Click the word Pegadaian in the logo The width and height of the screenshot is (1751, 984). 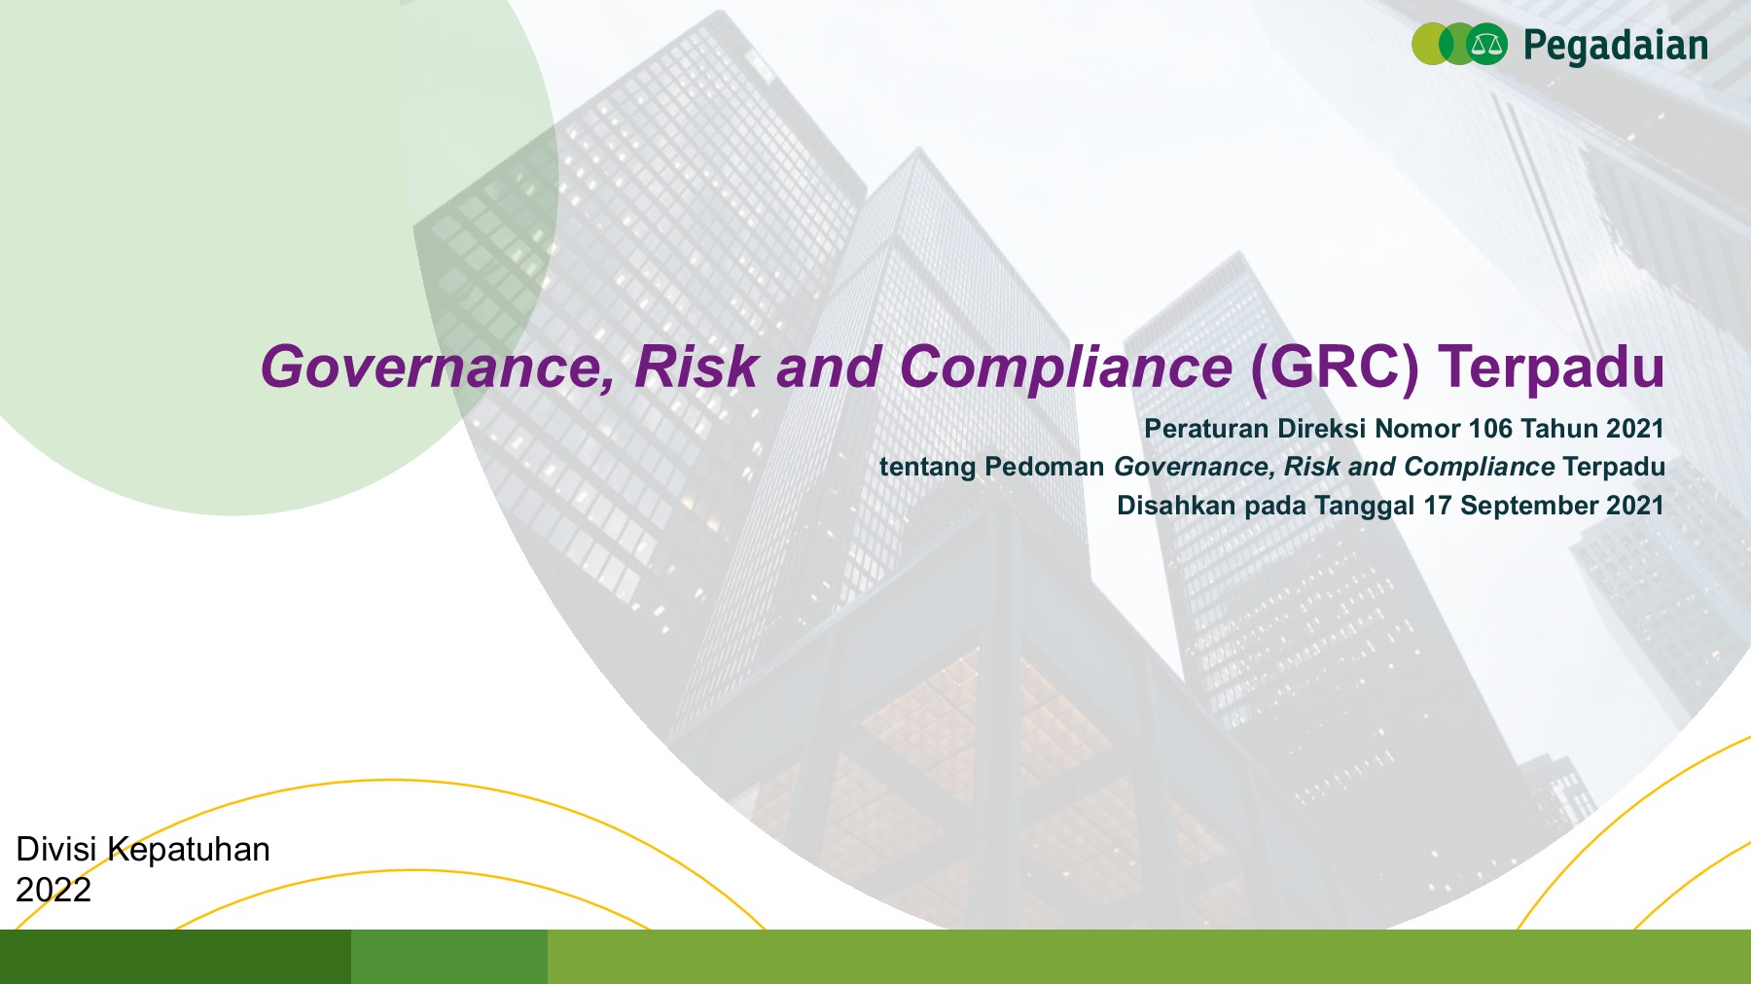[x=1615, y=46]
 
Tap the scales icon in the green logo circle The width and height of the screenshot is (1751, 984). [x=1485, y=45]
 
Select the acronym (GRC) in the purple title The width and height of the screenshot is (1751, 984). [x=1335, y=368]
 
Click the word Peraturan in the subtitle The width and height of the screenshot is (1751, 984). [x=1206, y=429]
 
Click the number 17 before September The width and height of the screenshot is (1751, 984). [x=1438, y=506]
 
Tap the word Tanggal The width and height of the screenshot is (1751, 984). [x=1364, y=506]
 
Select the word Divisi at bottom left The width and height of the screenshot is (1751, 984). [x=56, y=850]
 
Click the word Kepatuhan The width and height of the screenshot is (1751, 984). [x=189, y=850]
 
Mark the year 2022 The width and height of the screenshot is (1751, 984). [x=54, y=890]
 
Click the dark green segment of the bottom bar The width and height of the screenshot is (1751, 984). [x=175, y=957]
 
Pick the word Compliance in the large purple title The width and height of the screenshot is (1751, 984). [x=1065, y=368]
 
